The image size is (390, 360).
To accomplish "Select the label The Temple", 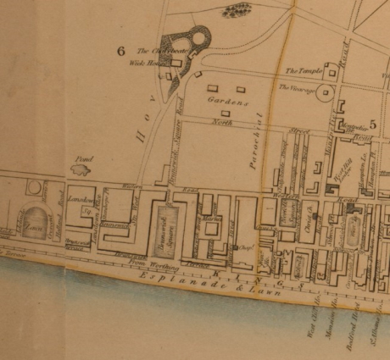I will (301, 71).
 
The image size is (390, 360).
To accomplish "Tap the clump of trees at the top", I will (237, 11).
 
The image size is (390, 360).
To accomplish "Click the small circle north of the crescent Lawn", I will (34, 186).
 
